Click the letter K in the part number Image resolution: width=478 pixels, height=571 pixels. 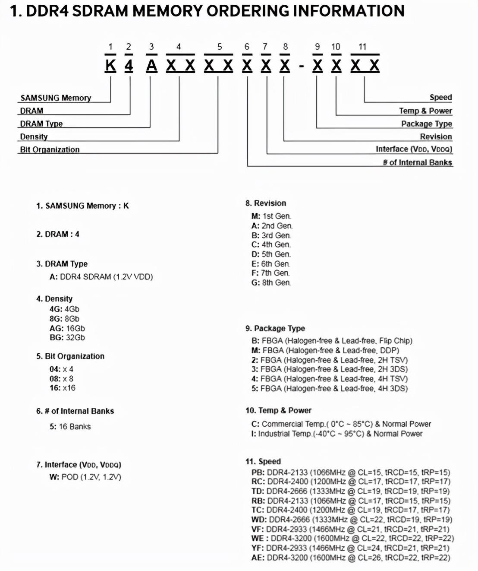coord(111,66)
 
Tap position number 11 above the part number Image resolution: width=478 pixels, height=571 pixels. coord(362,47)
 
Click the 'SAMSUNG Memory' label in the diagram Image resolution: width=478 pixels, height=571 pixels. coord(56,98)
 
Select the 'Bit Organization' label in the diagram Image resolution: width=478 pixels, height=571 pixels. coord(50,149)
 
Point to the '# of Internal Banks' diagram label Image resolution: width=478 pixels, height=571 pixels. coord(417,162)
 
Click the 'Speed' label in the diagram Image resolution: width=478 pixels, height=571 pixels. coord(440,97)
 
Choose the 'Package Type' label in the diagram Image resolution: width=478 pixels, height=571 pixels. coord(426,124)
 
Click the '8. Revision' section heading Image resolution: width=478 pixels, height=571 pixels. coord(266,203)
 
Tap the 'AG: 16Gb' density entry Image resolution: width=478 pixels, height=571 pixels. coord(67,328)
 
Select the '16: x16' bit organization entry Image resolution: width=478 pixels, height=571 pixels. coord(62,388)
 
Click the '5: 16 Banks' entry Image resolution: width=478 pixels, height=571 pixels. coord(70,426)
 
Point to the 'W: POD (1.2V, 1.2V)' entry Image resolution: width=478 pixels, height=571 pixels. coord(85,477)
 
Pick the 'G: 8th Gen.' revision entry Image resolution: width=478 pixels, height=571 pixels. coord(271,282)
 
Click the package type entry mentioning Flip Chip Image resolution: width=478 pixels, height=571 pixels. coord(331,341)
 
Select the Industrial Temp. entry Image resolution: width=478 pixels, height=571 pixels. coord(336,434)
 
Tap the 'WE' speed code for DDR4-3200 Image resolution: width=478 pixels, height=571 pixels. coord(258,538)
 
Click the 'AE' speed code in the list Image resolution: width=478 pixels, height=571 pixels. coord(258,558)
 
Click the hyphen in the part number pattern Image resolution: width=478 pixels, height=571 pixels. coord(302,66)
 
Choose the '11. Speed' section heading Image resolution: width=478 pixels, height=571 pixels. coord(263,461)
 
